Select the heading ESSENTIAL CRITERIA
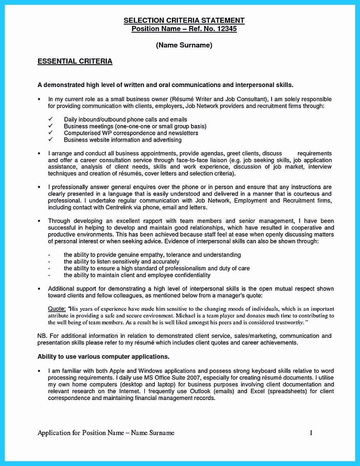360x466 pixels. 75,61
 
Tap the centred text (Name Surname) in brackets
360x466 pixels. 184,45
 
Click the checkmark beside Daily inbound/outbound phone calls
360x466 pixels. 50,119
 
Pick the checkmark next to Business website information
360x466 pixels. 50,139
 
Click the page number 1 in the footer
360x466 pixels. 311,433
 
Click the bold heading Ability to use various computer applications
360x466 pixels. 103,356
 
